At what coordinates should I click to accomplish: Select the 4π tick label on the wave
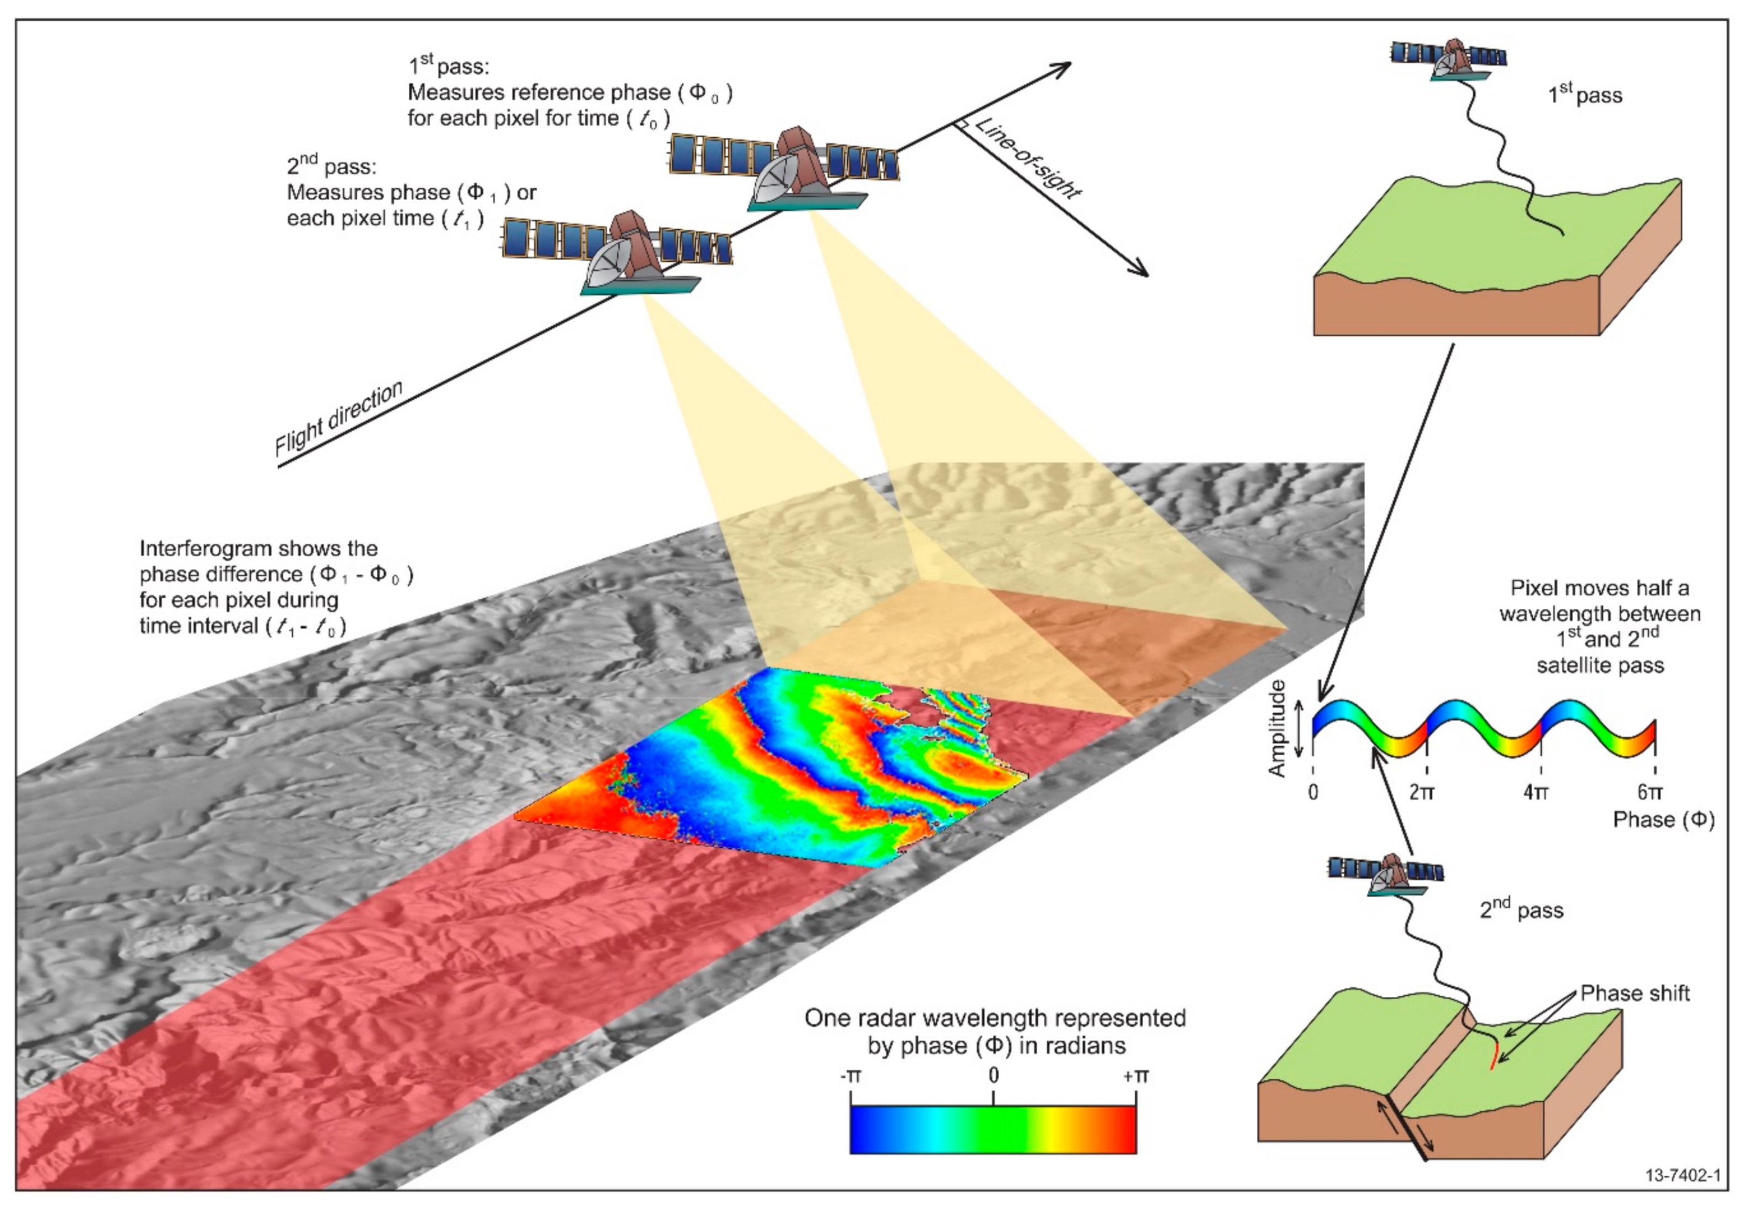coord(1535,792)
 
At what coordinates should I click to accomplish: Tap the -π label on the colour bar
coord(850,1075)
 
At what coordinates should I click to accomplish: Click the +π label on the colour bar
coord(1135,1075)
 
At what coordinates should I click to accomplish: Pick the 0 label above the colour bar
coord(993,1075)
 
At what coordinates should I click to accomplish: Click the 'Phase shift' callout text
coord(1635,993)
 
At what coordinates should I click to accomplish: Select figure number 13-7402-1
coord(1683,1175)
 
